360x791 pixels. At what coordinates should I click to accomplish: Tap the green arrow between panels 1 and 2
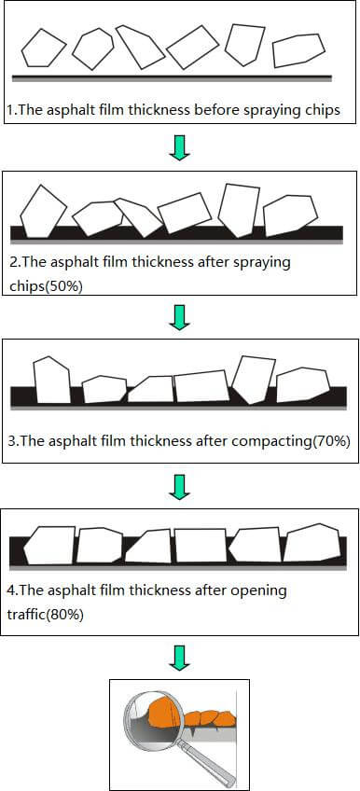click(x=180, y=146)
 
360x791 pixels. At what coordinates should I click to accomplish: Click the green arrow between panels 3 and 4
click(x=180, y=486)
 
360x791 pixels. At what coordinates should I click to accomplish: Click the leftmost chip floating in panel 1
click(x=43, y=48)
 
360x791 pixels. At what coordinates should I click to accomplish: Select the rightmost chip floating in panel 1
click(x=299, y=51)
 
